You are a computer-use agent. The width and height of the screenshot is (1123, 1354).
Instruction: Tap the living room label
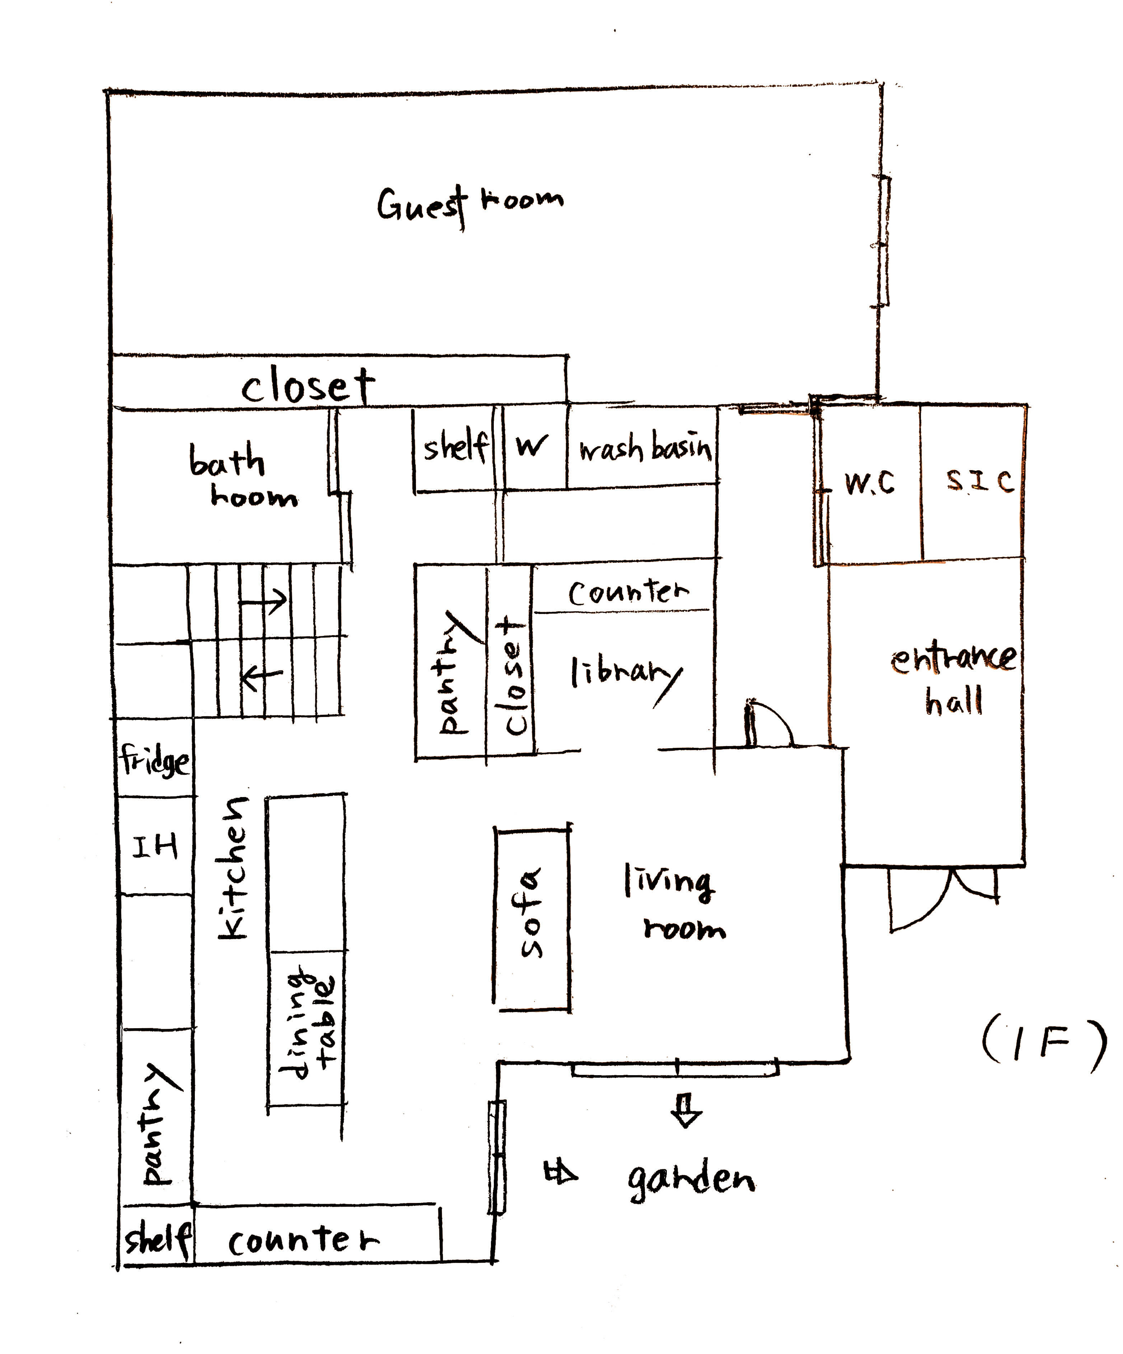click(674, 903)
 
